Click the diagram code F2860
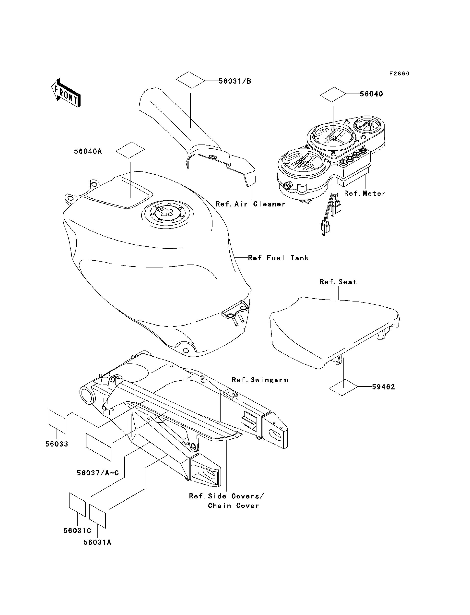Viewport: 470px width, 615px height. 399,74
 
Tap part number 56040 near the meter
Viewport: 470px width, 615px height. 371,94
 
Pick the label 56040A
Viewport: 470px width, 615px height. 88,151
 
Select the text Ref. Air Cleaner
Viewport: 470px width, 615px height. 250,204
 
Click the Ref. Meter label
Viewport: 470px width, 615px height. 364,193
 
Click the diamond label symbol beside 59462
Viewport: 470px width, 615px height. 343,387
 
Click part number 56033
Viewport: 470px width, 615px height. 57,444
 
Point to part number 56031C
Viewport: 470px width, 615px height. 77,531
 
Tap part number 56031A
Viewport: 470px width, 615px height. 97,543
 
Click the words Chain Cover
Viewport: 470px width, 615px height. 233,506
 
